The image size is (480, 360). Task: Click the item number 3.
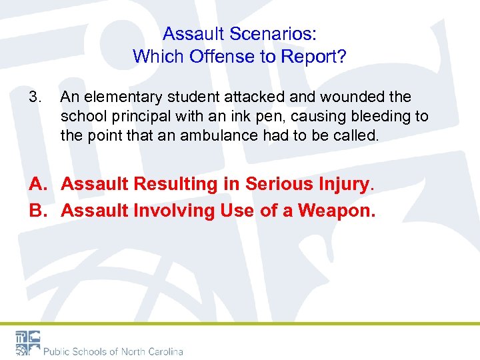[x=35, y=97]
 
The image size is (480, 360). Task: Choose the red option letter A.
[x=39, y=183]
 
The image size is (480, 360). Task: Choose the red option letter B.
[x=39, y=211]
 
